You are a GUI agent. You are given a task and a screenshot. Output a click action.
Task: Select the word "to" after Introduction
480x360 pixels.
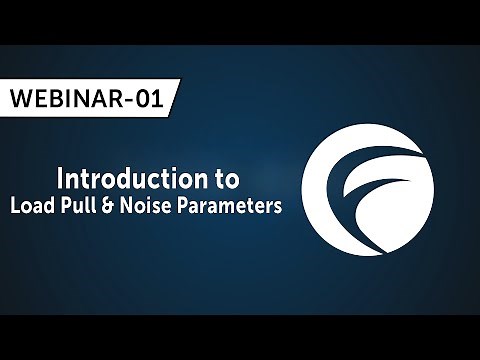[226, 181]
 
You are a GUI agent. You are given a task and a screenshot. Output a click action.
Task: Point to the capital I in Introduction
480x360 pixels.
[62, 180]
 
